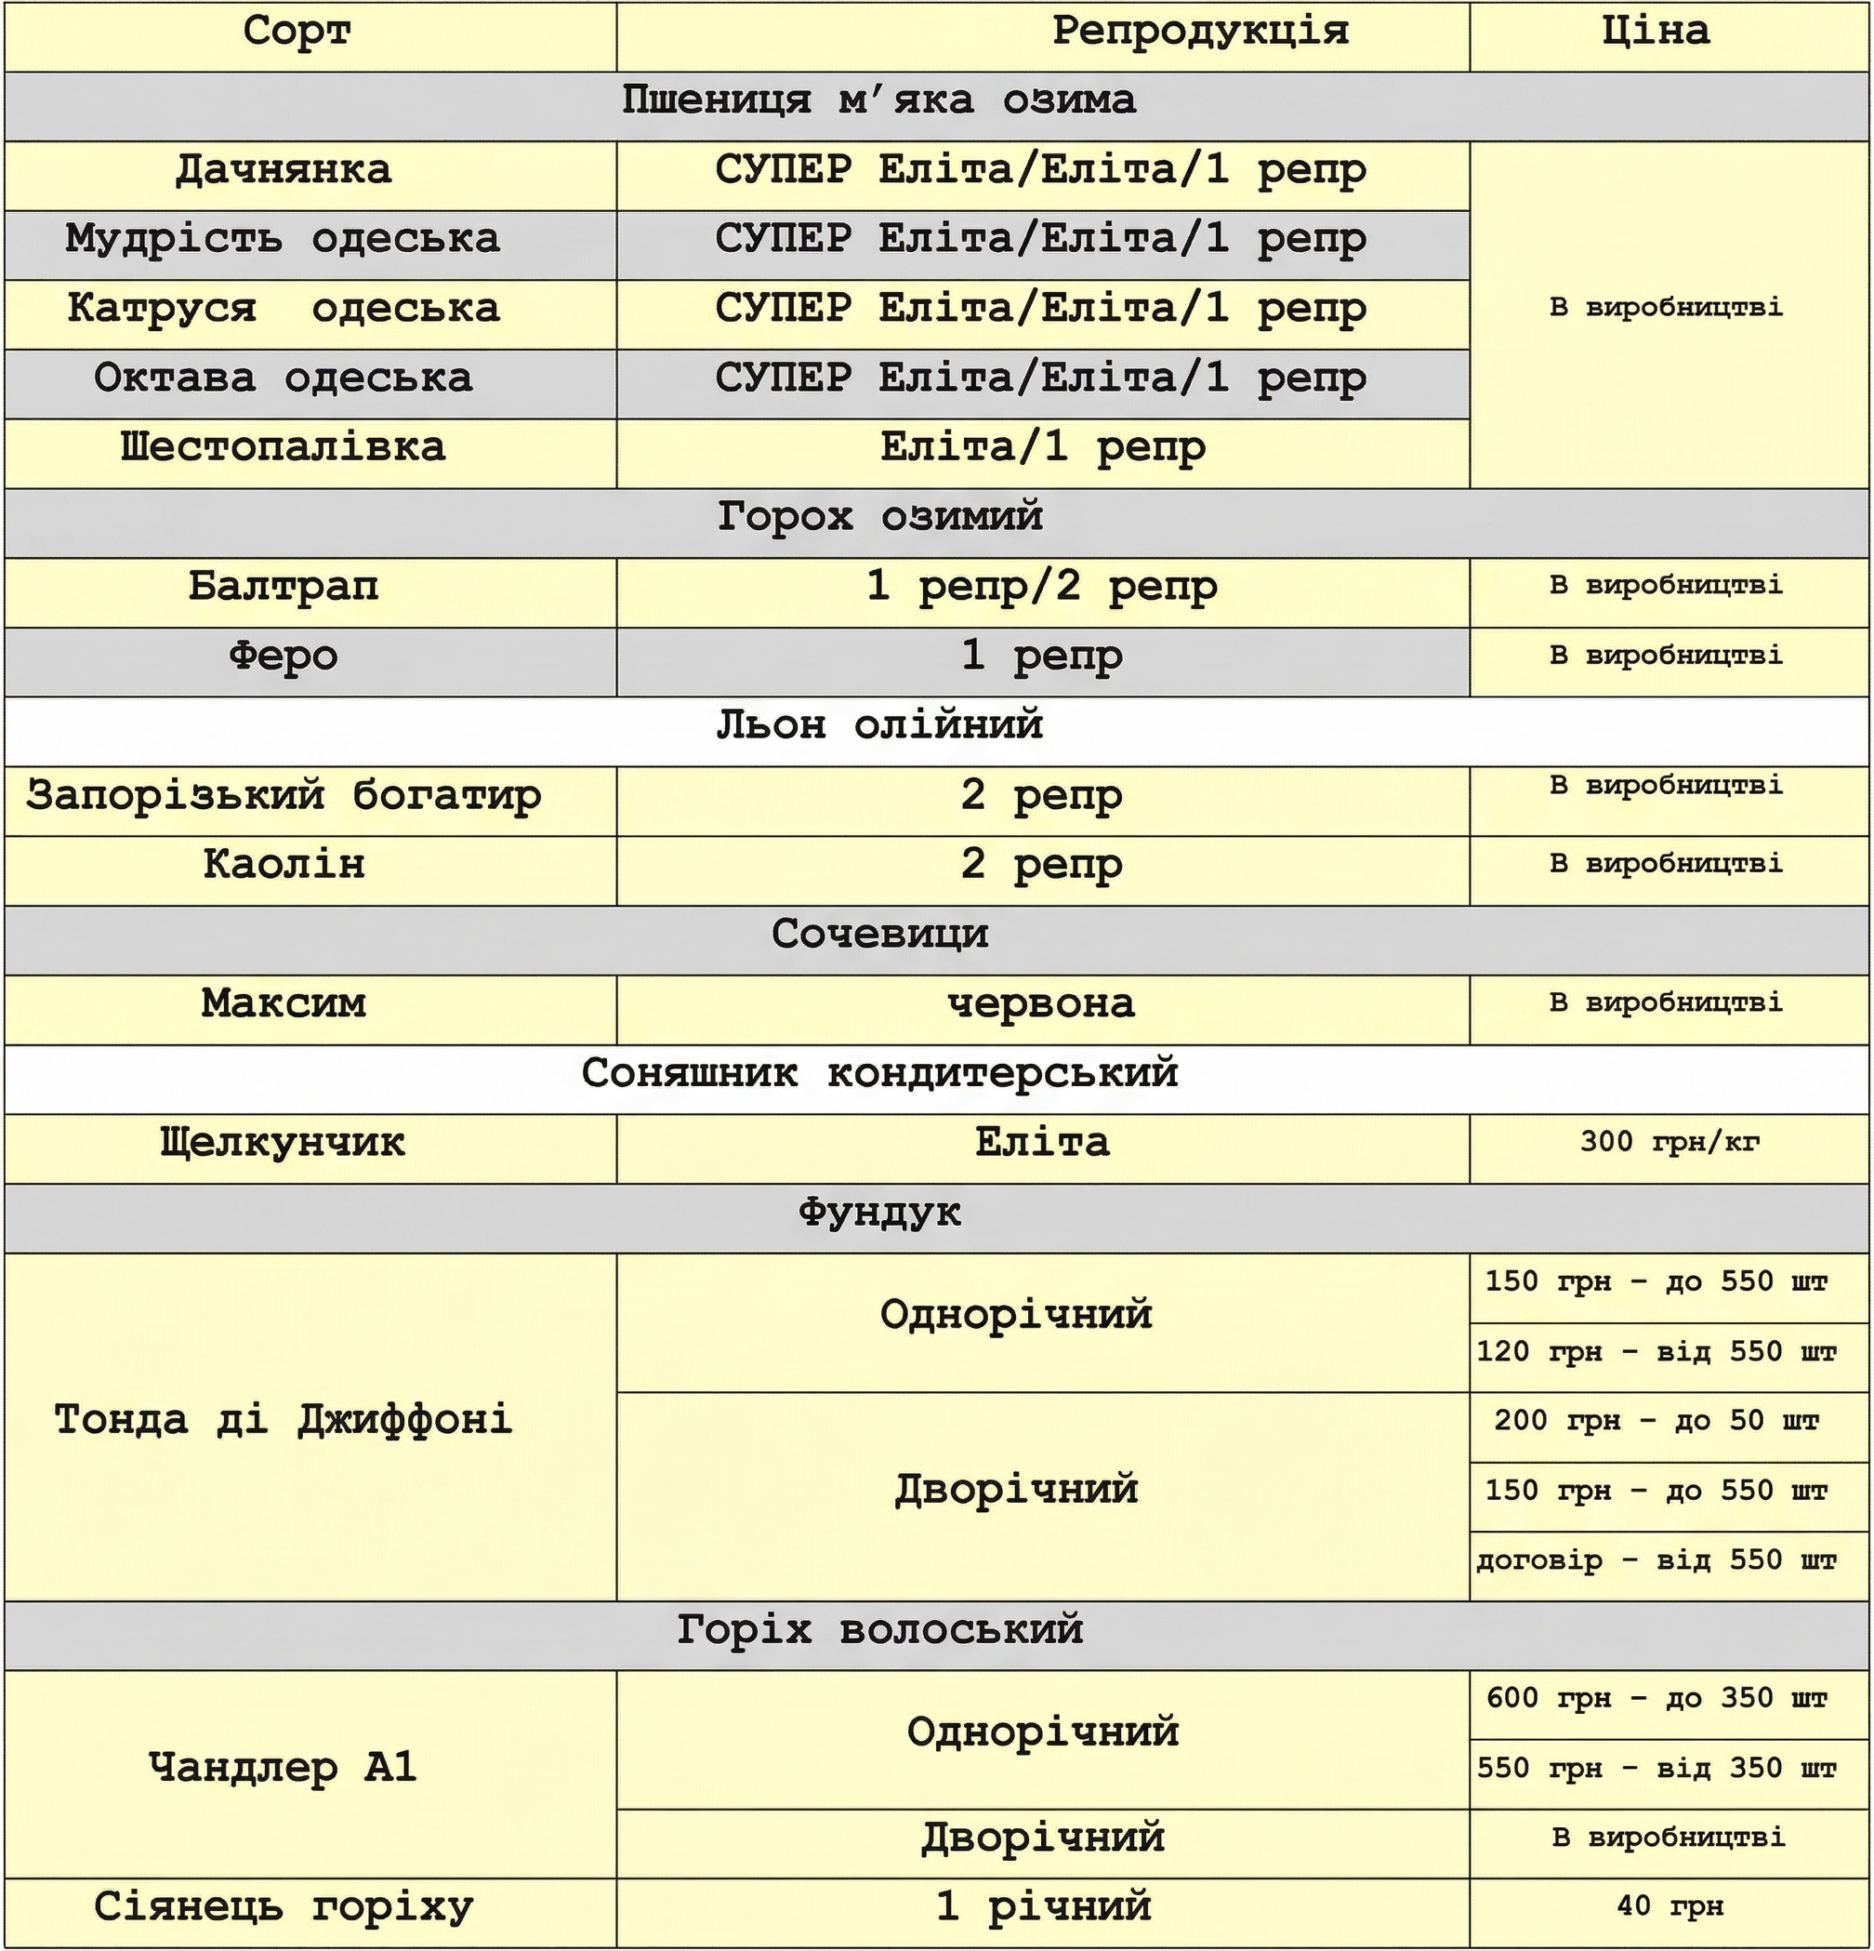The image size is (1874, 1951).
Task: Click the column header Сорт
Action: coord(297,32)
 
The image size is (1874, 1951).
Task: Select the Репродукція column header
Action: coord(1199,32)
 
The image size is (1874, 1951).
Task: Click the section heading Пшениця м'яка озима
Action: coord(878,100)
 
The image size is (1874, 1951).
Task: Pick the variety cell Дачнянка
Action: coord(284,170)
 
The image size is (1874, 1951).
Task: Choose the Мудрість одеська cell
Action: coord(283,240)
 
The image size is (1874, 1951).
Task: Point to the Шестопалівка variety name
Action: coord(284,448)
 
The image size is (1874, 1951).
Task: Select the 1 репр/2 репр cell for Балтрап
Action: coord(1041,588)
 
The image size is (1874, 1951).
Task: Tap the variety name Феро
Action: coord(284,657)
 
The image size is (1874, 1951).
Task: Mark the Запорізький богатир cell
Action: coord(284,796)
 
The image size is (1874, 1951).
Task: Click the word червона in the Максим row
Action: coord(1041,1004)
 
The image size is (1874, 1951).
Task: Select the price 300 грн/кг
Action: coord(1669,1143)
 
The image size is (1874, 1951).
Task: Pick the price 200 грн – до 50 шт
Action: coord(1656,1422)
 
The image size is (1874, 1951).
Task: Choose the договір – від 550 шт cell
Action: coord(1656,1560)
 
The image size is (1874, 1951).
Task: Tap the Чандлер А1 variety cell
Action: coord(284,1769)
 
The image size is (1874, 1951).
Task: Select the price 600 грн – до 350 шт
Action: coord(1656,1699)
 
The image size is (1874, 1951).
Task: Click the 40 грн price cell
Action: coord(1669,1907)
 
